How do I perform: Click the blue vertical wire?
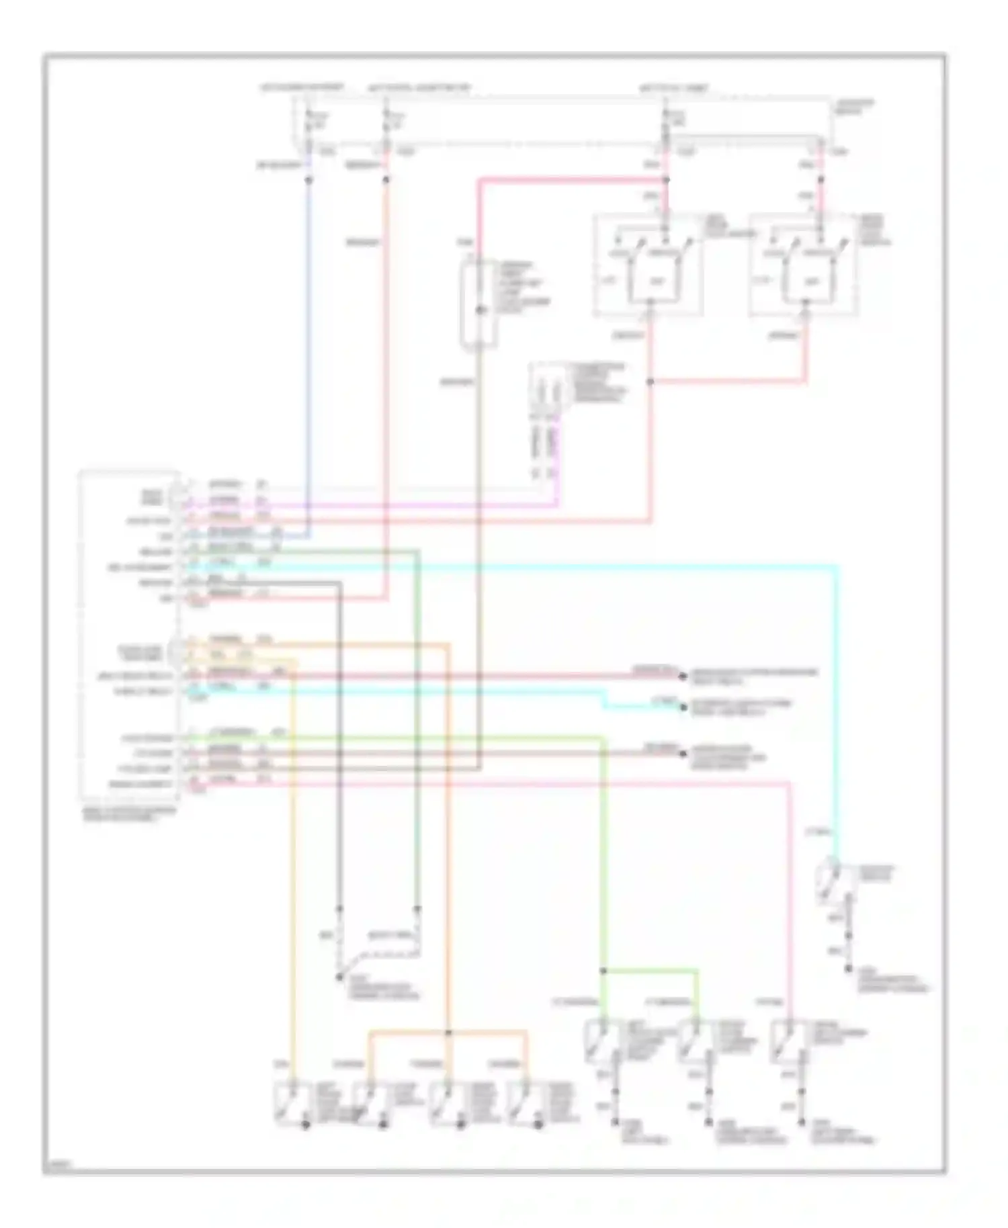(x=308, y=349)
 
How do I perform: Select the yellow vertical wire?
(x=293, y=873)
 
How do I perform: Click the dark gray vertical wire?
(x=340, y=739)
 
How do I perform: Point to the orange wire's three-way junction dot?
(x=448, y=1032)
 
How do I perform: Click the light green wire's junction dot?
(x=603, y=971)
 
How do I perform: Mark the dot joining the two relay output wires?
(x=650, y=382)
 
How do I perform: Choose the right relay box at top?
(x=803, y=265)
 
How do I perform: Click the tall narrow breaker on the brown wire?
(x=478, y=306)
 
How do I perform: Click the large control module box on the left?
(x=128, y=635)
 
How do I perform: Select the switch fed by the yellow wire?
(x=290, y=1104)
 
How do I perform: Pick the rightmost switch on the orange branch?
(x=524, y=1104)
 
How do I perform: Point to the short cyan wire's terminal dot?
(x=683, y=707)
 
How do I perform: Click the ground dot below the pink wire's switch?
(x=802, y=1122)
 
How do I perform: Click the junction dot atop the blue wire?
(x=308, y=180)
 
